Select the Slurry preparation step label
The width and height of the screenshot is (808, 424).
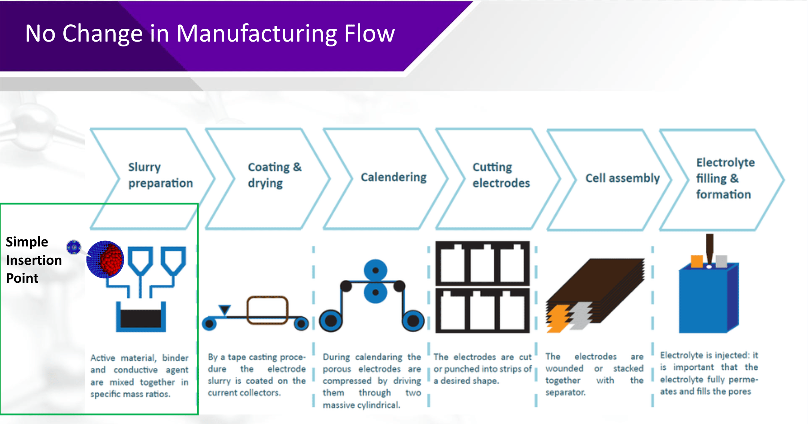pos(160,175)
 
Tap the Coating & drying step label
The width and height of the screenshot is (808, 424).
pos(274,175)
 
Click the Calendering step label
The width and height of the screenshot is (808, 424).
pos(393,177)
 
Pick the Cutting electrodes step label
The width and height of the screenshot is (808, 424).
pos(501,175)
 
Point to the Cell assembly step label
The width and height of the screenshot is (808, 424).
pos(622,178)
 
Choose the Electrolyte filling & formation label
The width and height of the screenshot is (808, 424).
pos(725,178)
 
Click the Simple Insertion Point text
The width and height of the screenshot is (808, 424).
pos(33,260)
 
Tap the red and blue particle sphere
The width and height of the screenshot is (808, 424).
pos(105,259)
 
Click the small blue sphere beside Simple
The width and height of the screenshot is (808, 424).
pos(74,247)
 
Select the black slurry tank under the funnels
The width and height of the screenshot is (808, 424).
pos(141,319)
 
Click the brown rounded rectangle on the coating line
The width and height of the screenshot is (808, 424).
pos(267,310)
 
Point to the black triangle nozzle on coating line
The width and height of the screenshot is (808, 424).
pos(225,310)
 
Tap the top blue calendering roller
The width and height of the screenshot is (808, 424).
pos(375,270)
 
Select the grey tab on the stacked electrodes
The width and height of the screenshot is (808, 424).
pos(581,315)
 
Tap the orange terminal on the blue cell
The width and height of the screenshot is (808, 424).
pos(696,261)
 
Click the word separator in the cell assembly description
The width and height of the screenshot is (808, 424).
pos(565,393)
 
